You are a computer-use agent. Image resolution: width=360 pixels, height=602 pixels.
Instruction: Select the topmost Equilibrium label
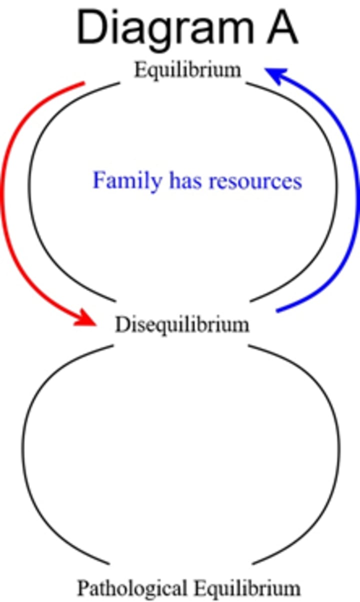(x=187, y=70)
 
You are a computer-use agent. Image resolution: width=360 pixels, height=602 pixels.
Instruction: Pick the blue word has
(x=185, y=181)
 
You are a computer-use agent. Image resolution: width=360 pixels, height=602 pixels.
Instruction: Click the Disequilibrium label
(x=182, y=325)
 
